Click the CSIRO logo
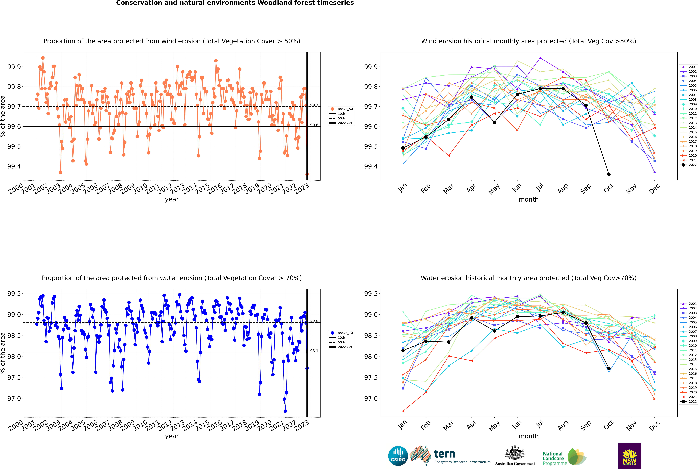398,456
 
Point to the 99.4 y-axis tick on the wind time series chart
14,166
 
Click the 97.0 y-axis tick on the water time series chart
14,398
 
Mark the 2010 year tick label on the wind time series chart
140,188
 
